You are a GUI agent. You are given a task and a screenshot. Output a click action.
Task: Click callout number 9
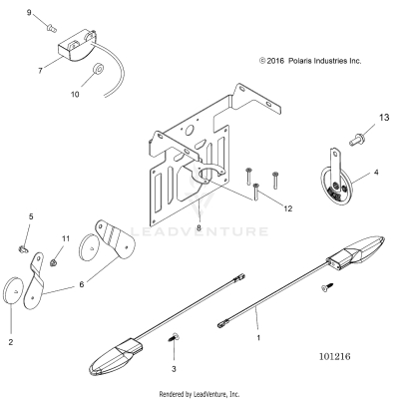pos(29,12)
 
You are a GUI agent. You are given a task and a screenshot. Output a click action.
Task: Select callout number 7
pos(40,71)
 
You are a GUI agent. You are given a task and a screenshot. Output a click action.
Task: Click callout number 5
pos(30,216)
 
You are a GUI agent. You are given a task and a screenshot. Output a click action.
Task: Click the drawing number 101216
pos(340,353)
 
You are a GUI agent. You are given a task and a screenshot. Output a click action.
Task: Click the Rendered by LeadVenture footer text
pos(199,393)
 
